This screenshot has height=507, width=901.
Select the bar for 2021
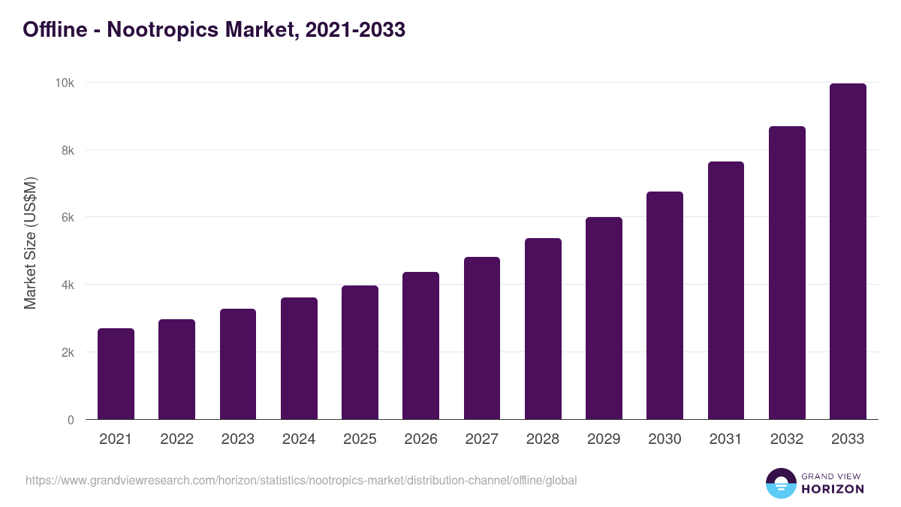[116, 374]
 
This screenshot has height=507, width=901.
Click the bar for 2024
[299, 358]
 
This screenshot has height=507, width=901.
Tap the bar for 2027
[482, 338]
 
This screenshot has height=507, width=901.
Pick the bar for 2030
[664, 306]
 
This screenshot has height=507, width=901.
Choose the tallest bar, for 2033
[848, 252]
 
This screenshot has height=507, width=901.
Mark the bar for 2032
[787, 273]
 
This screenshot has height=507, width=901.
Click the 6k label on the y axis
[68, 217]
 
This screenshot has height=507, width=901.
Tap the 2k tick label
[68, 352]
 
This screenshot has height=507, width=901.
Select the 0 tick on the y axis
[71, 420]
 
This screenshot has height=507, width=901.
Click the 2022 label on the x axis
[176, 439]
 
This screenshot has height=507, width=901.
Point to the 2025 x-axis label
[360, 439]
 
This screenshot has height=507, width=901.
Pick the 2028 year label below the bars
[543, 439]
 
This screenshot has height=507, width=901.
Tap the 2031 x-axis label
[725, 439]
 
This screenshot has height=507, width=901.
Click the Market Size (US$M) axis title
[30, 243]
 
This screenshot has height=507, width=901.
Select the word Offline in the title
[53, 29]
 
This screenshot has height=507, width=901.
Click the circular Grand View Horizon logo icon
[780, 483]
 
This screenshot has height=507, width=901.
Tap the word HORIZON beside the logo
[832, 489]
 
